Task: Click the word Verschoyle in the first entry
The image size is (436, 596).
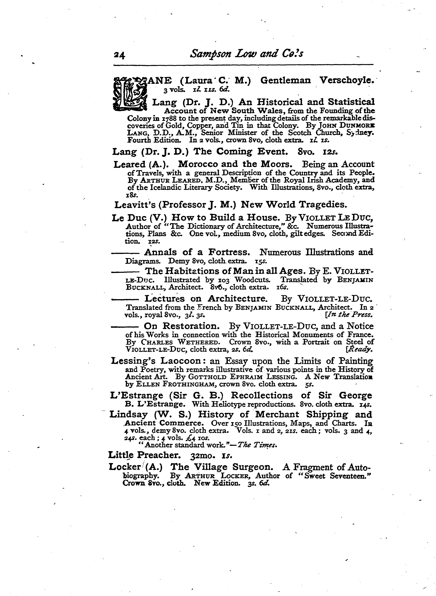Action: click(x=347, y=81)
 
